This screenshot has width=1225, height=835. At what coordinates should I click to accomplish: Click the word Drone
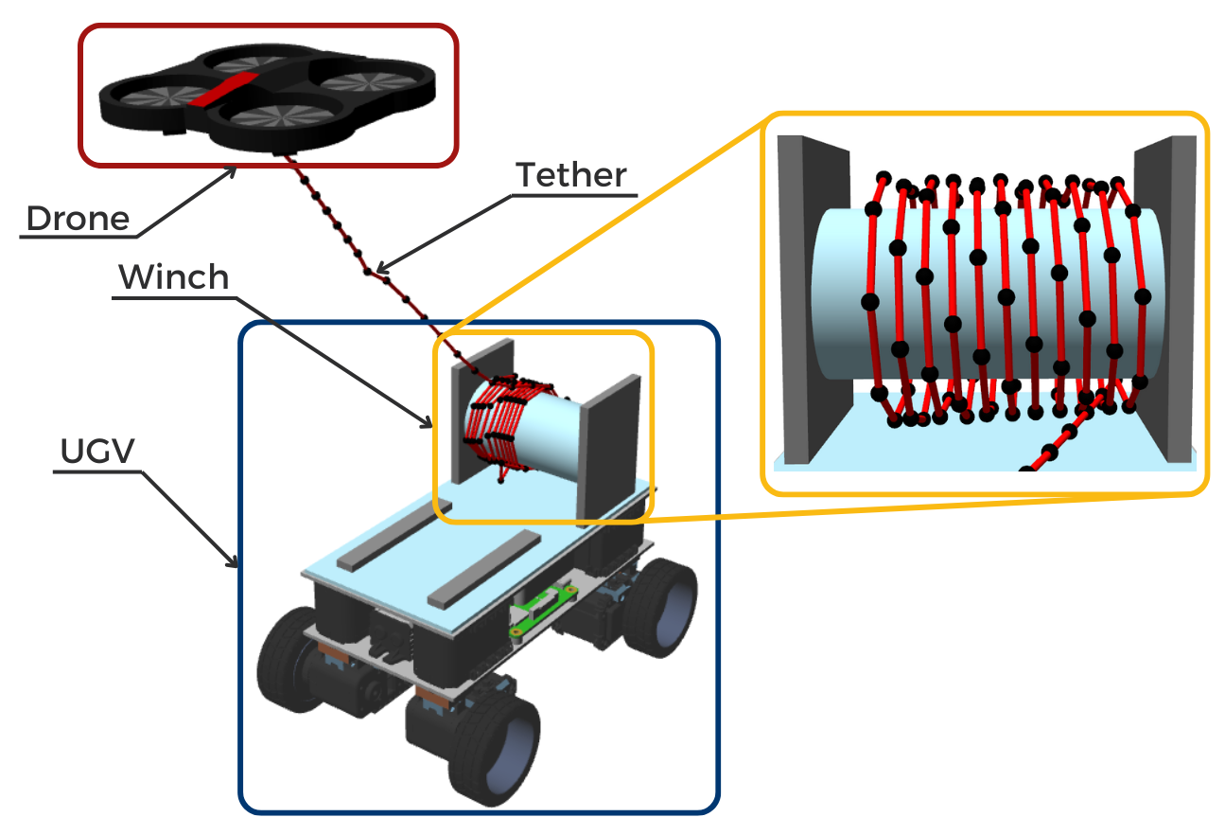coord(78,219)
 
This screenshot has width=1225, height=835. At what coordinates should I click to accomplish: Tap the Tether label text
coord(570,175)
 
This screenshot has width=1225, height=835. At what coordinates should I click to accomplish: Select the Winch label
coord(173,277)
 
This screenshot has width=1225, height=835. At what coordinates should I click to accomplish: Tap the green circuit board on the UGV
coord(543,611)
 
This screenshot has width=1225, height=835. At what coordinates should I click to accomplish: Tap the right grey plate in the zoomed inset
coord(1165,293)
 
